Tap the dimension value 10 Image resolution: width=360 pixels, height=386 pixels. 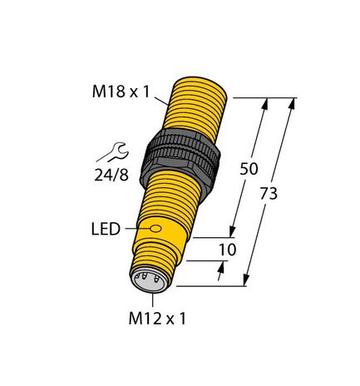coord(225,250)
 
